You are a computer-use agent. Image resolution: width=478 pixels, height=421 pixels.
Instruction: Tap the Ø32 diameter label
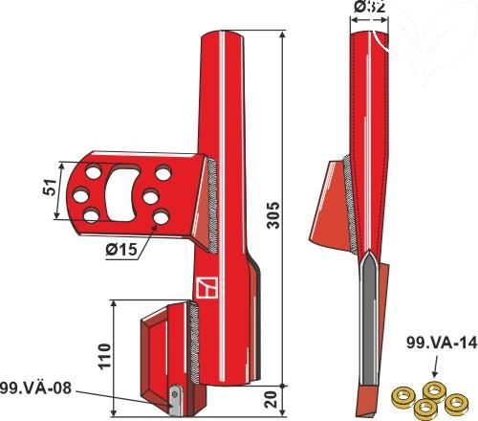(x=370, y=9)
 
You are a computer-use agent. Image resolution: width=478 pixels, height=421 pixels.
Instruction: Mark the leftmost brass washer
(x=405, y=394)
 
